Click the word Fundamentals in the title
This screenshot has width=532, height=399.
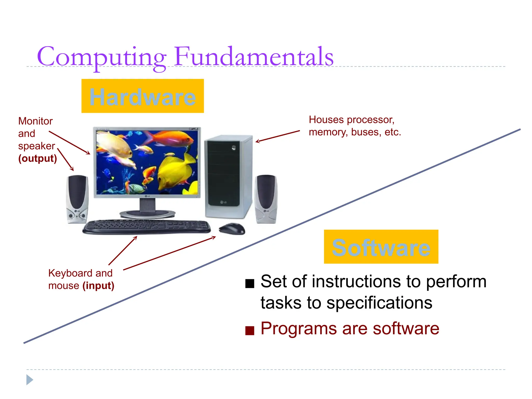[254, 57]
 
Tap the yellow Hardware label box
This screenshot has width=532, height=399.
[142, 96]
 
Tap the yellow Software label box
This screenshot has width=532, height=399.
[381, 247]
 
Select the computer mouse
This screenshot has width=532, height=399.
[232, 229]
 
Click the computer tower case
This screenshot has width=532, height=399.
[228, 176]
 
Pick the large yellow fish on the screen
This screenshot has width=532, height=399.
[177, 169]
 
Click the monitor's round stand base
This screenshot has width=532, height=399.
[147, 214]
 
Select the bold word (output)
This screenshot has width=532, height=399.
[37, 158]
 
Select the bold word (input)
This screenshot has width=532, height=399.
[98, 286]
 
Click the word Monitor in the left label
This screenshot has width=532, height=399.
[35, 121]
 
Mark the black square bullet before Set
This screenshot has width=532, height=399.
[250, 283]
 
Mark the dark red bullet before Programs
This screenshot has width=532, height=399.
[250, 330]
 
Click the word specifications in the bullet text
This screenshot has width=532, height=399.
[379, 303]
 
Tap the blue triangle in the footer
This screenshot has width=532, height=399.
[29, 380]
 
